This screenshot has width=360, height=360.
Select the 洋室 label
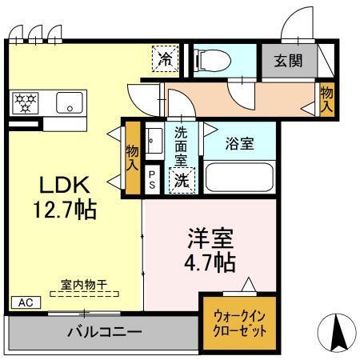point(210,238)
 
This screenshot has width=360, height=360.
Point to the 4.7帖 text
point(210,262)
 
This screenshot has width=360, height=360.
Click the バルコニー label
point(104,331)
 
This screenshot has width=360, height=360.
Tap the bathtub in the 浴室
point(239,177)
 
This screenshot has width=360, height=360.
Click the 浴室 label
point(238,145)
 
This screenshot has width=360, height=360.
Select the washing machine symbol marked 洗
point(182,180)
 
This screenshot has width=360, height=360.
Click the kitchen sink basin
point(70,103)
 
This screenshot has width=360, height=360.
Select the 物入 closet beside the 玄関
point(326,98)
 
